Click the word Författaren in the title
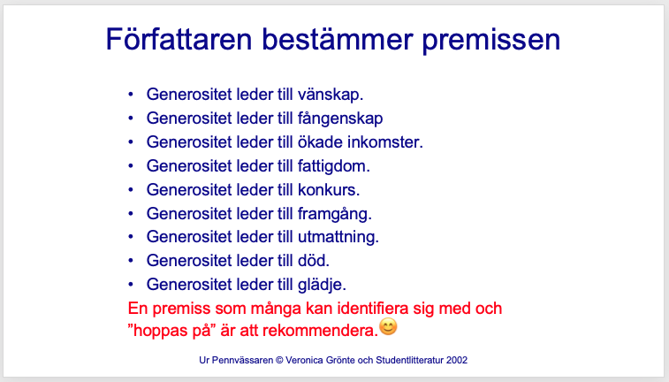pos(179,39)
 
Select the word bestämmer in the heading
pos(337,39)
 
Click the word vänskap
pos(331,95)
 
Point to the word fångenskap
pos(340,118)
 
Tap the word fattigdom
pos(334,166)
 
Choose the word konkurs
pos(329,190)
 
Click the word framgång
pos(334,214)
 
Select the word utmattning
pos(338,237)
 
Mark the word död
pos(314,260)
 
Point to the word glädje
pos(322,285)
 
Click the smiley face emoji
pos(388,327)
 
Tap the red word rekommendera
pos(321,331)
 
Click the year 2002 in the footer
pos(457,360)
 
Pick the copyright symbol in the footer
pos(279,360)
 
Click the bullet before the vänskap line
pos(131,95)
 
